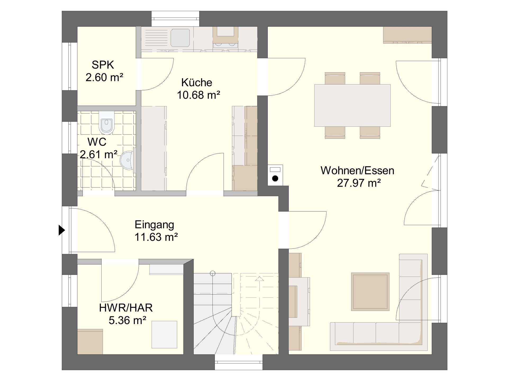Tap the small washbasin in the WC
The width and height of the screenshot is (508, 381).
pos(128,160)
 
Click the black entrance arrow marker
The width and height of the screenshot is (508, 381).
pos(62,230)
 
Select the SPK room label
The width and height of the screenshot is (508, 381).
pos(103,65)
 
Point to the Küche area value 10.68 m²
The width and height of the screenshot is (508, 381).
pos(198,95)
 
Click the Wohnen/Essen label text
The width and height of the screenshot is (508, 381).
pos(357,170)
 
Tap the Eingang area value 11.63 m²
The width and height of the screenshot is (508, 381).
pos(156,237)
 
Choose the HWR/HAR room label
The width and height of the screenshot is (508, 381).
pos(126,308)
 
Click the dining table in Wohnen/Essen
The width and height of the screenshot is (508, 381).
pos(352,105)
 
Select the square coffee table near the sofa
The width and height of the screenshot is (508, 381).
pos(370,292)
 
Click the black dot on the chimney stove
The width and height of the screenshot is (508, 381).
pos(275,178)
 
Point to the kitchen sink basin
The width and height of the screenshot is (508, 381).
pos(180,37)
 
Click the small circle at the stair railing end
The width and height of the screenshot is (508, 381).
pos(213,273)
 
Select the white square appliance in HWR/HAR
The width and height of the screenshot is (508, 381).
pos(164,334)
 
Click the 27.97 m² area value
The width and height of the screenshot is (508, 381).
pos(359,183)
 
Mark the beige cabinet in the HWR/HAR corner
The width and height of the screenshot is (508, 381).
pos(90,341)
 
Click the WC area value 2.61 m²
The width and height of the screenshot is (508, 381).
pos(99,154)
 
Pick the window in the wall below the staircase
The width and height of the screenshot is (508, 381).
pos(239,362)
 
